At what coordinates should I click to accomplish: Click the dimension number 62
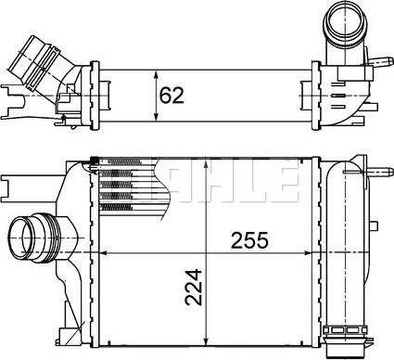(172, 93)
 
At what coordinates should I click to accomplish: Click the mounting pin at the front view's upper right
(380, 173)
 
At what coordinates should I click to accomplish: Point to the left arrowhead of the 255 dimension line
(104, 251)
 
